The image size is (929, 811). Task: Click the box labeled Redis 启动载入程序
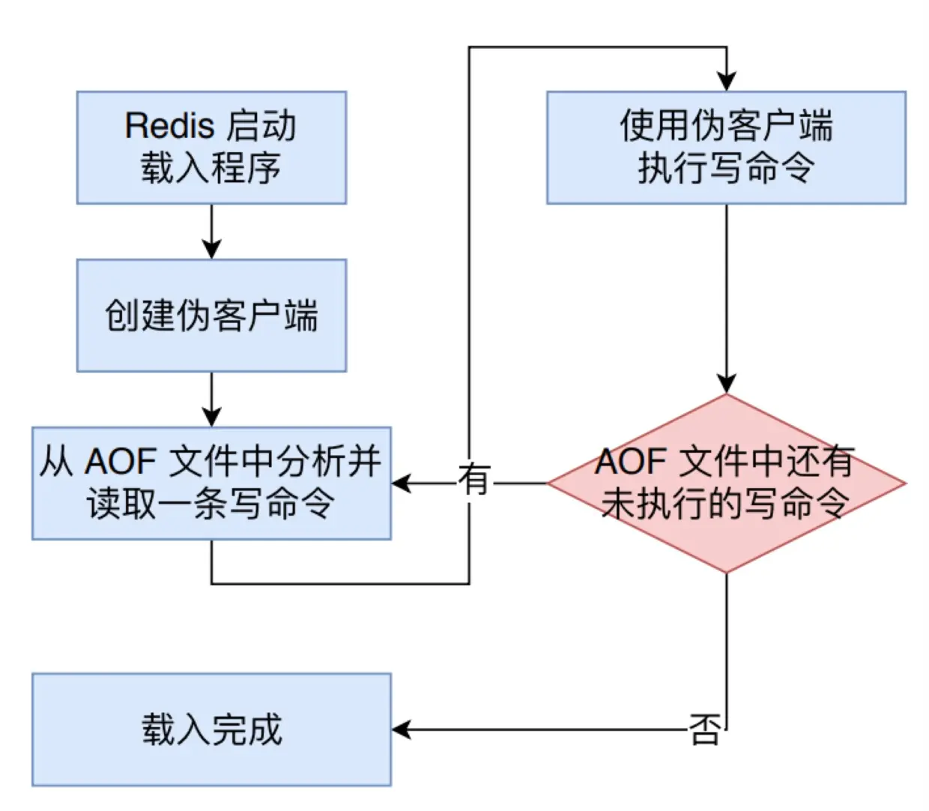click(x=211, y=148)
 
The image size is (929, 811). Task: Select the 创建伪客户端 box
click(x=211, y=316)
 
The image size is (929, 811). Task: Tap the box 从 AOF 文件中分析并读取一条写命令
click(x=211, y=483)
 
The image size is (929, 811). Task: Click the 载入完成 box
click(x=211, y=729)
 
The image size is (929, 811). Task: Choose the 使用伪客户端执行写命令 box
click(x=726, y=148)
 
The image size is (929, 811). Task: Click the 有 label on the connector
click(x=475, y=480)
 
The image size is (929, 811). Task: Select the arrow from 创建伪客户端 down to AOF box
click(x=212, y=399)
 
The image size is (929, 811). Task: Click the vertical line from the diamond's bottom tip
click(x=726, y=645)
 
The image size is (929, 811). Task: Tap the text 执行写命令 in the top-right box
click(x=726, y=168)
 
